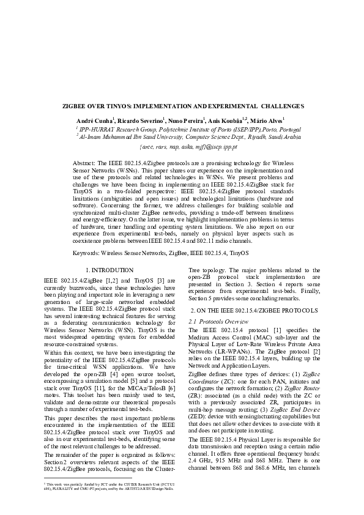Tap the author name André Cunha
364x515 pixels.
click(94, 119)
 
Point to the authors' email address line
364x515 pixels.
click(182, 147)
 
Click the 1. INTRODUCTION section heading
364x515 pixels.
click(109, 270)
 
